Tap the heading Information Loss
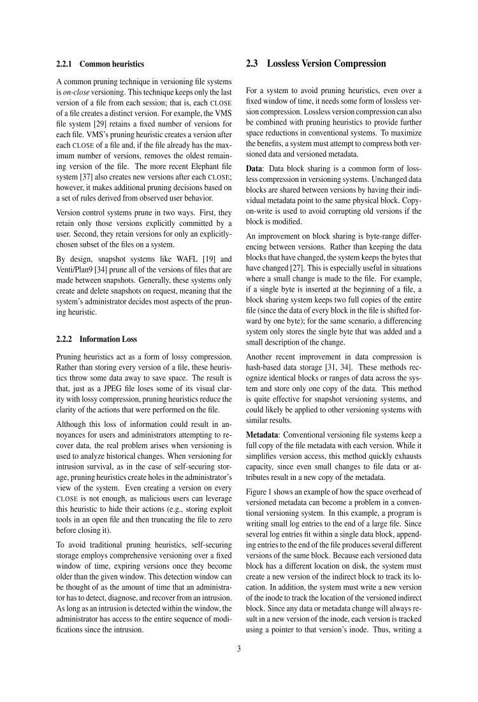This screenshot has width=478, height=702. [x=108, y=339]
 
